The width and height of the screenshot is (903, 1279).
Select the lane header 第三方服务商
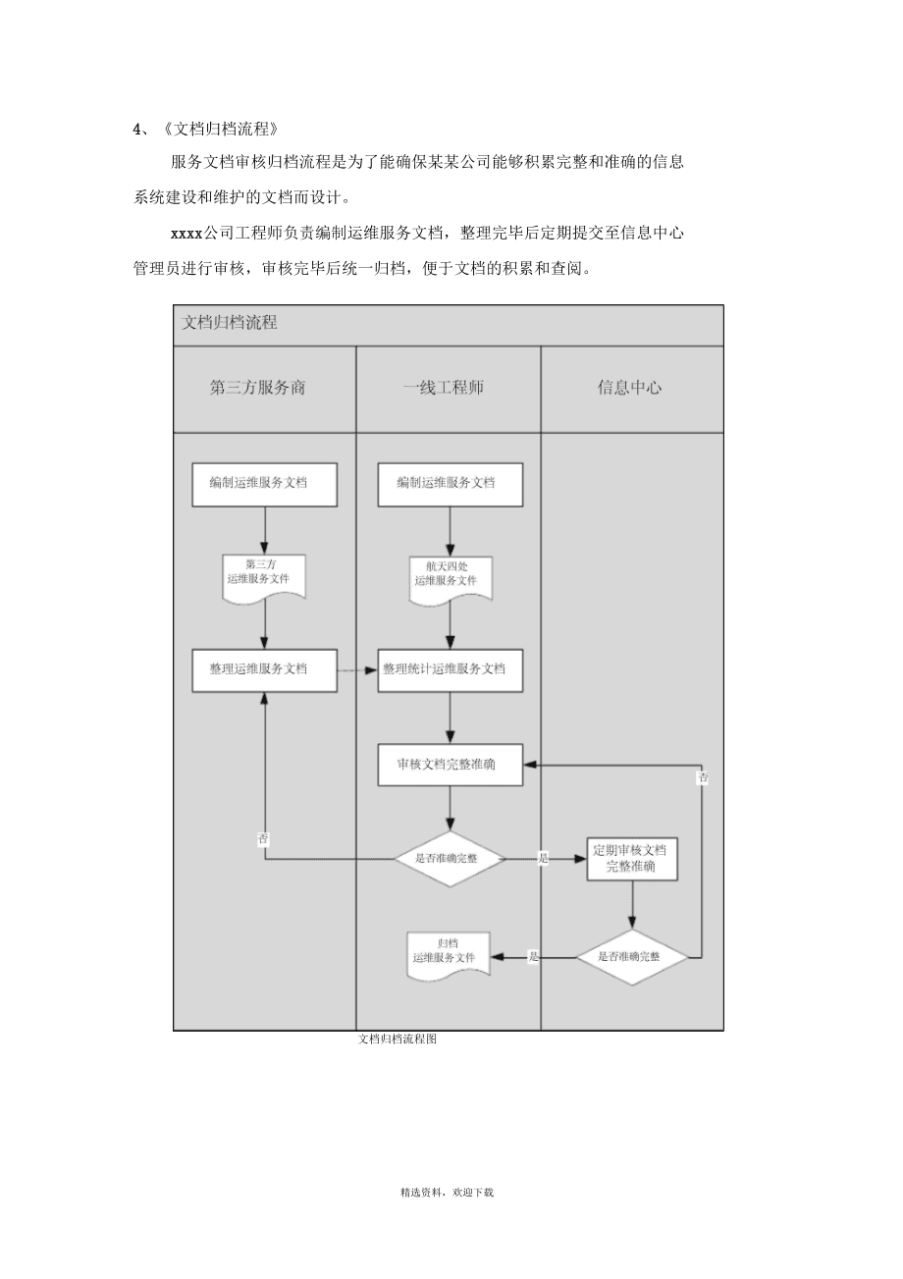click(258, 388)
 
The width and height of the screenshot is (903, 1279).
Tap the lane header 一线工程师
click(444, 388)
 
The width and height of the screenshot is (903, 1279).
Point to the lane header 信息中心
click(629, 388)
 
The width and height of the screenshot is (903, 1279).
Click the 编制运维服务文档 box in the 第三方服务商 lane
click(264, 484)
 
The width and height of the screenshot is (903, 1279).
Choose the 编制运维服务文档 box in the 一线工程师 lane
click(451, 484)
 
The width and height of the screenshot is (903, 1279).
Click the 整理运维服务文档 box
click(264, 670)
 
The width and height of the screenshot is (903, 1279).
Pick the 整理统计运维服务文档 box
click(451, 670)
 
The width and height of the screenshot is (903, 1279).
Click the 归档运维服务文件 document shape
click(449, 953)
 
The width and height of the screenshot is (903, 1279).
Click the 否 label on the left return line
click(263, 839)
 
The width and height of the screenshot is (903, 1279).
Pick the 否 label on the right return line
click(703, 778)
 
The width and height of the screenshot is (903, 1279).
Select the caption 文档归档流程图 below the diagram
click(398, 1039)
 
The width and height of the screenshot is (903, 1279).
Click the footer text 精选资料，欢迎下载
click(447, 1193)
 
